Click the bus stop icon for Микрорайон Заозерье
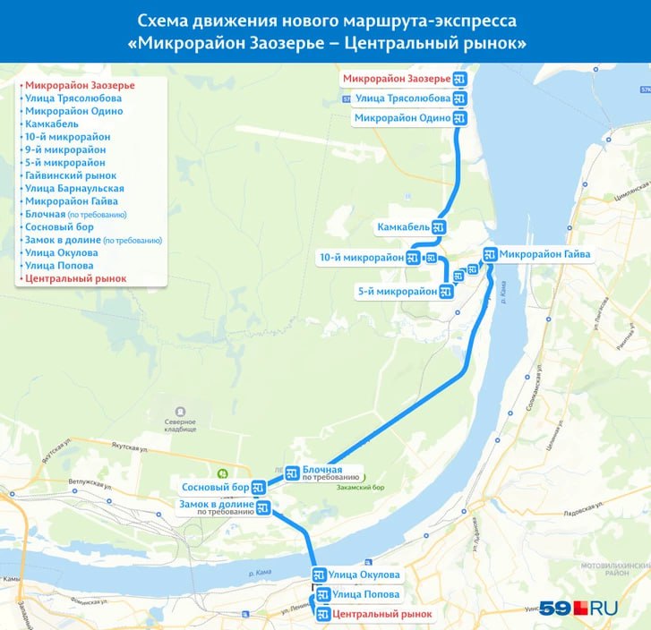coord(460,80)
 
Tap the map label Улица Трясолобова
coord(402,98)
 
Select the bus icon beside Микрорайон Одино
coord(460,118)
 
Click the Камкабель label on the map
coord(404,228)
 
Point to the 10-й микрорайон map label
coord(362,258)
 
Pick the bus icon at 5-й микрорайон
coord(446,291)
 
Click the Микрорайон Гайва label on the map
coord(544,254)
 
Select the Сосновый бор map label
coord(215,488)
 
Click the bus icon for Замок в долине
coord(263,508)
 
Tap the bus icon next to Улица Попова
coord(322,594)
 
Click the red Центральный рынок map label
coord(381,615)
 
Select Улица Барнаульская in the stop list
coord(74,189)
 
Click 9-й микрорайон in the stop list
coord(64,150)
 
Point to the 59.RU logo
coord(578,608)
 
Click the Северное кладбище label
coord(180,426)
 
